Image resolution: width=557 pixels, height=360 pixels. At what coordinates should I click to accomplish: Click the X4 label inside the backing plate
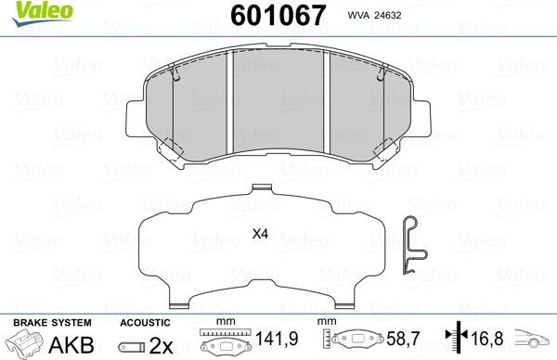[260, 235]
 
